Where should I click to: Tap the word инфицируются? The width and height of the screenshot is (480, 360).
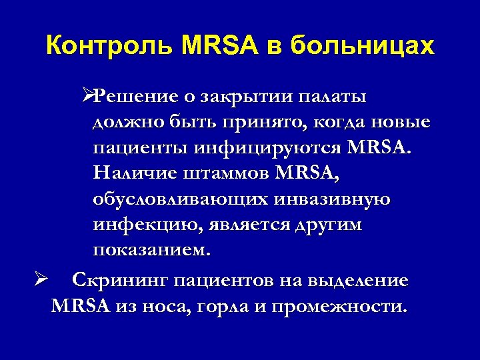277,149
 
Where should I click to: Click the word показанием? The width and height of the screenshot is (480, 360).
151,251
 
